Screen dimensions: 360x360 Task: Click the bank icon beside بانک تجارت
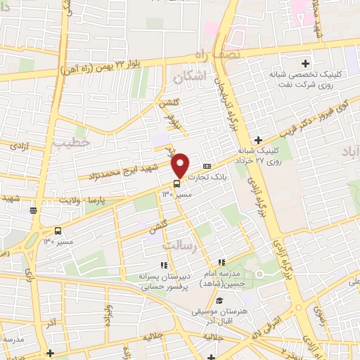[x=207, y=165]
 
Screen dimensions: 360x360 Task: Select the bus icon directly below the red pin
[x=176, y=184]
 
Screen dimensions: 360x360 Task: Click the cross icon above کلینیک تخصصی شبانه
[x=306, y=64]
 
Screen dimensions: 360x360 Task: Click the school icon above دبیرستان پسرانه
[x=163, y=265]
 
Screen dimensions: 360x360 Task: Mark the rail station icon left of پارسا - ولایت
[x=33, y=209]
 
